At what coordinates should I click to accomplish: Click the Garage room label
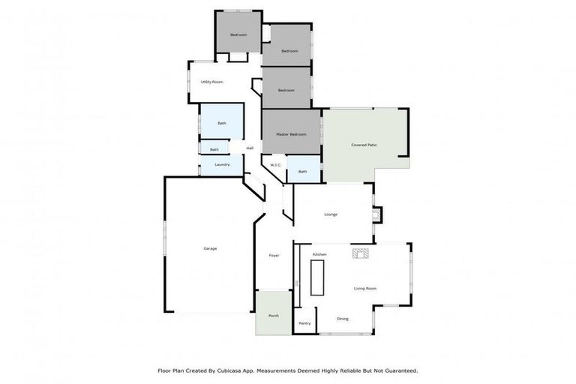pyautogui.click(x=210, y=248)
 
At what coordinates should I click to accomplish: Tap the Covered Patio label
pyautogui.click(x=364, y=145)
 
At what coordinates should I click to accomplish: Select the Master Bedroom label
pyautogui.click(x=290, y=134)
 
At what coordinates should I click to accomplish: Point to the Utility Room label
pyautogui.click(x=211, y=82)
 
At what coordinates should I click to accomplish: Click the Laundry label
pyautogui.click(x=221, y=164)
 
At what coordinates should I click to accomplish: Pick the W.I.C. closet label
pyautogui.click(x=275, y=165)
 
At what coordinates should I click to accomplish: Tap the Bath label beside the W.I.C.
pyautogui.click(x=302, y=172)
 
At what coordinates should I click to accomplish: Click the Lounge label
pyautogui.click(x=331, y=214)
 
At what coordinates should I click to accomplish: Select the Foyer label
pyautogui.click(x=274, y=256)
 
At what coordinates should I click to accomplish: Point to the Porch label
pyautogui.click(x=274, y=315)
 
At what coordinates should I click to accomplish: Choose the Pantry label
pyautogui.click(x=304, y=323)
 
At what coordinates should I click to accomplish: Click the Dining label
pyautogui.click(x=342, y=319)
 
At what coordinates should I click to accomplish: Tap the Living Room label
pyautogui.click(x=365, y=288)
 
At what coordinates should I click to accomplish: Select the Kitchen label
pyautogui.click(x=319, y=255)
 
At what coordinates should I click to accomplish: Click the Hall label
pyautogui.click(x=250, y=148)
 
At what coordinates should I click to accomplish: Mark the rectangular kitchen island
pyautogui.click(x=318, y=277)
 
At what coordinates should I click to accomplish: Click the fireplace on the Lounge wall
pyautogui.click(x=378, y=214)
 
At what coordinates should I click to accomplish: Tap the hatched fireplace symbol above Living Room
pyautogui.click(x=360, y=253)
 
